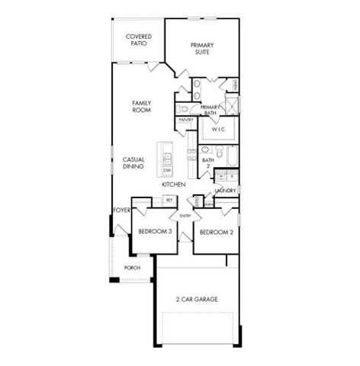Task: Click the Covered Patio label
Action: pos(139,40)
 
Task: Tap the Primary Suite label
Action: pos(202,50)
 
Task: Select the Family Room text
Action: pos(140,106)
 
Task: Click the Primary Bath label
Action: pos(211,110)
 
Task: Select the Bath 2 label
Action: pos(206,161)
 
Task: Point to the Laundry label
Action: pos(225,190)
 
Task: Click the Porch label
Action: pos(132,268)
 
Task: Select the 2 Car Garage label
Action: pos(197,299)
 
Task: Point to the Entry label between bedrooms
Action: pos(185,215)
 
